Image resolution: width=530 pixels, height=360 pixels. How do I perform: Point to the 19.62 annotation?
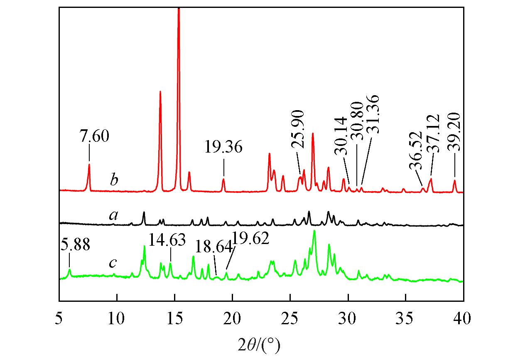(250, 239)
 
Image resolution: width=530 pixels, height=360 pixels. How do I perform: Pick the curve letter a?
(113, 215)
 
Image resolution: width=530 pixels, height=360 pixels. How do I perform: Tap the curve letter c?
(112, 263)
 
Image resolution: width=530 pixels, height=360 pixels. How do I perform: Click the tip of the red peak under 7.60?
(89, 164)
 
